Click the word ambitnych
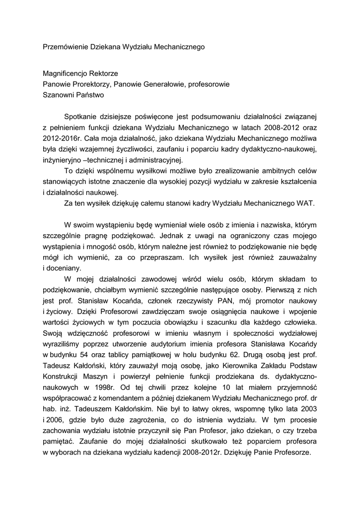click(260, 171)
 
